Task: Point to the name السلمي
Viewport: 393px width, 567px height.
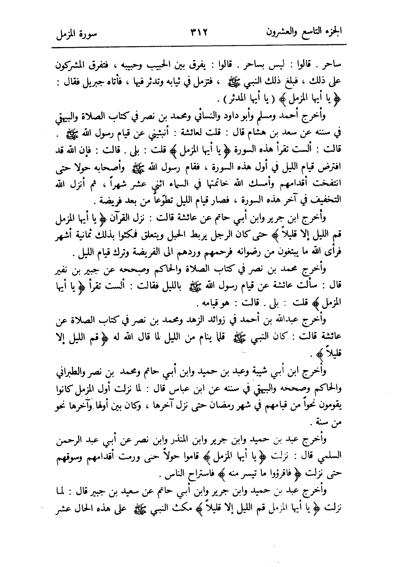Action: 329,454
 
